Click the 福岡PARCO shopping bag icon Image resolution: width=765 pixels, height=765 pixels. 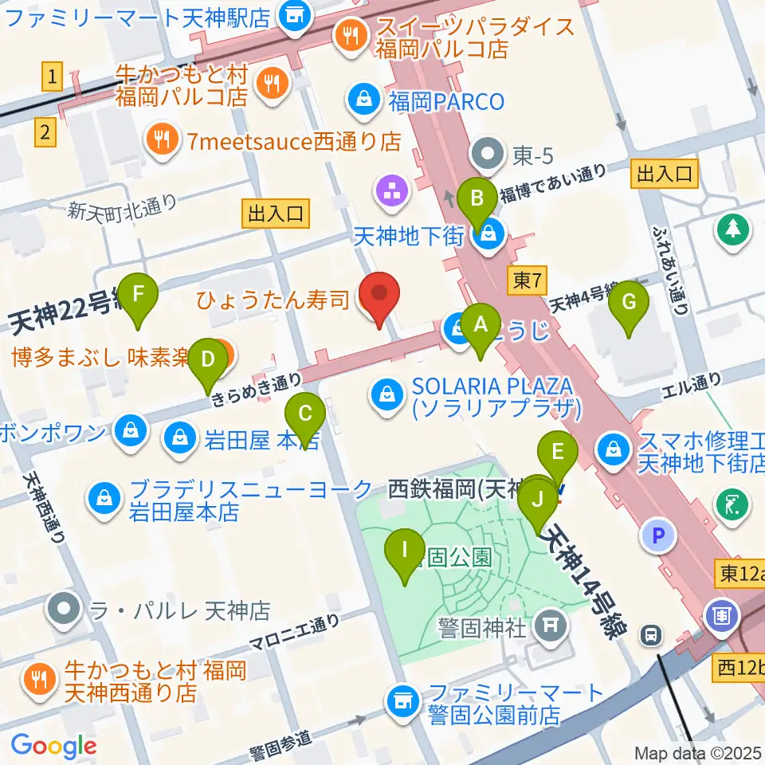[x=363, y=100]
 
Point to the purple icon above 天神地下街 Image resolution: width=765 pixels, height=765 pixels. [x=391, y=191]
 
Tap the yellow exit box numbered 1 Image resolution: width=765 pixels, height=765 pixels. [x=52, y=77]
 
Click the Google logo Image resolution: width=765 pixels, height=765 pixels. [x=53, y=745]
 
